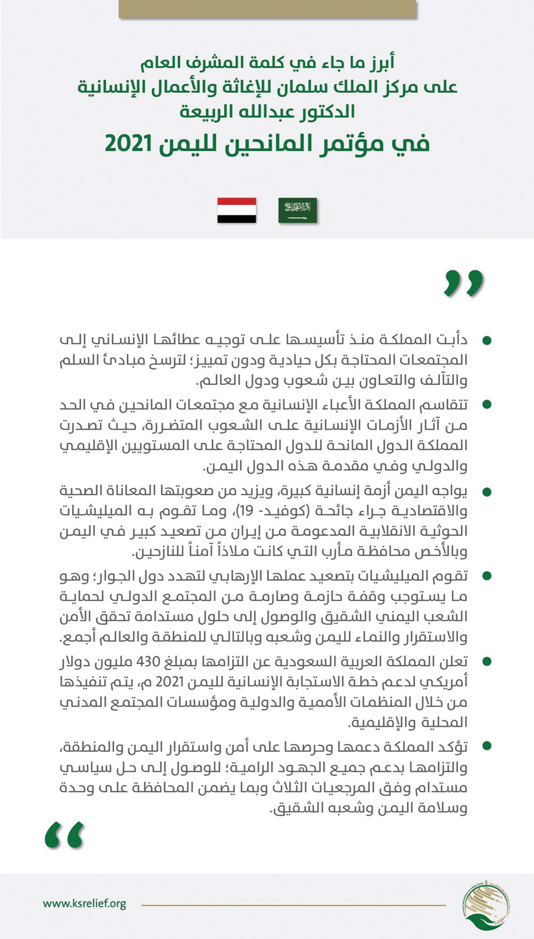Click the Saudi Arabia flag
point(297,210)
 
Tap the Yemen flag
point(237,210)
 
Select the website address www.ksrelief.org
point(84,904)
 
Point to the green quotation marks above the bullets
point(464,283)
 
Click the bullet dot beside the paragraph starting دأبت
point(486,340)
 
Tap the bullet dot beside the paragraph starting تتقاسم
point(486,405)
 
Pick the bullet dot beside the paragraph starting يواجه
point(486,491)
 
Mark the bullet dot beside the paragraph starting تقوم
point(486,575)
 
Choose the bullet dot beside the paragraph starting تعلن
point(486,662)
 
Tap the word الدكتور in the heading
point(328,112)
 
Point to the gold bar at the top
point(267,8)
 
